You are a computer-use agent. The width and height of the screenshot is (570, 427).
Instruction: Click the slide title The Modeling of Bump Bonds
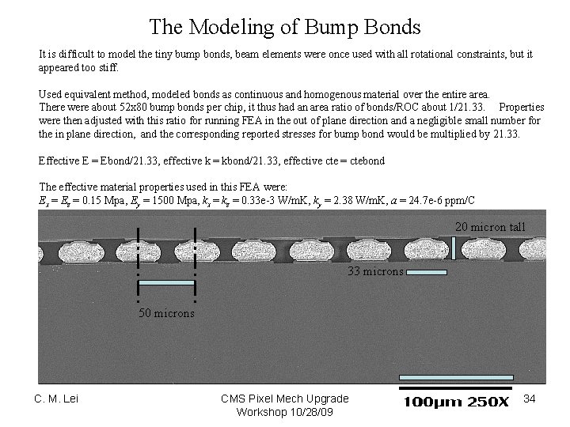[285, 28]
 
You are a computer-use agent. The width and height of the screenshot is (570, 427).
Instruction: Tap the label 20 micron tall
[489, 228]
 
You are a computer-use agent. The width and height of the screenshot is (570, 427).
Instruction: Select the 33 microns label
[376, 272]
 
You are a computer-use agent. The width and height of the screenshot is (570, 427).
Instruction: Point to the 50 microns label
[166, 313]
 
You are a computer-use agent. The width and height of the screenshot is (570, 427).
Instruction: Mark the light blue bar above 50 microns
[166, 282]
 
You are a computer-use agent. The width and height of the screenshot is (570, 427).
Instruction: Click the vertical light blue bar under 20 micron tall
[453, 248]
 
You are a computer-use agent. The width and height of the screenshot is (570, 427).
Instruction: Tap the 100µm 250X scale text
[457, 402]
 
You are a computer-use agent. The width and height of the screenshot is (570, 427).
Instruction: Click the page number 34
[530, 399]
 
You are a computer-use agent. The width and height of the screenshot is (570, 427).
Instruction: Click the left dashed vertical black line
[139, 265]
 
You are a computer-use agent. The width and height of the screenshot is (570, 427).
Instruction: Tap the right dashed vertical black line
[195, 265]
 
